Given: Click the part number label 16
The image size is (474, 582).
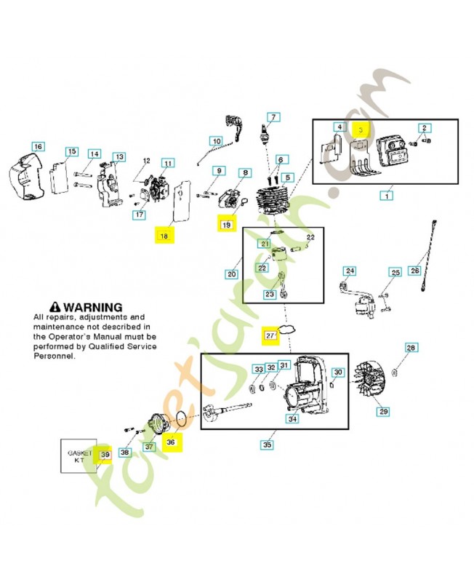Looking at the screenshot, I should pyautogui.click(x=38, y=147).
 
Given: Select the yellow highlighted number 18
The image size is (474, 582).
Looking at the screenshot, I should pyautogui.click(x=164, y=235).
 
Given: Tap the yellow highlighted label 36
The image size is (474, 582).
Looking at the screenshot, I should pyautogui.click(x=172, y=442).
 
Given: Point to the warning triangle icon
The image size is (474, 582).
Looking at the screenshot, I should pyautogui.click(x=55, y=308).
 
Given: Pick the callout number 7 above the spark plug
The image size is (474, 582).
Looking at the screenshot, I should pyautogui.click(x=273, y=117).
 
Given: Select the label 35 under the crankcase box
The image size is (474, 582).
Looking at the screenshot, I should pyautogui.click(x=267, y=444).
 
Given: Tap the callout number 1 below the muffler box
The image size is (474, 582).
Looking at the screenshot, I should pyautogui.click(x=386, y=195).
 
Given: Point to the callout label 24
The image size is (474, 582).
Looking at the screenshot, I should pyautogui.click(x=350, y=271).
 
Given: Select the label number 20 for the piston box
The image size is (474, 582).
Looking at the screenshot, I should pyautogui.click(x=232, y=274).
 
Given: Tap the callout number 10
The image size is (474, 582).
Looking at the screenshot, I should pyautogui.click(x=216, y=141).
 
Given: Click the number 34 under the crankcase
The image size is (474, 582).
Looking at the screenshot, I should pyautogui.click(x=292, y=419).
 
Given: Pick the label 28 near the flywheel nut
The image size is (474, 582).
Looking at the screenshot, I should pyautogui.click(x=411, y=348).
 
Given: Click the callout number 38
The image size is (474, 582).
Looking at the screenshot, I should pyautogui.click(x=124, y=452).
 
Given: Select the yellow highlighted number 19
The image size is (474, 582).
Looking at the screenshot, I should pyautogui.click(x=226, y=225).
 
